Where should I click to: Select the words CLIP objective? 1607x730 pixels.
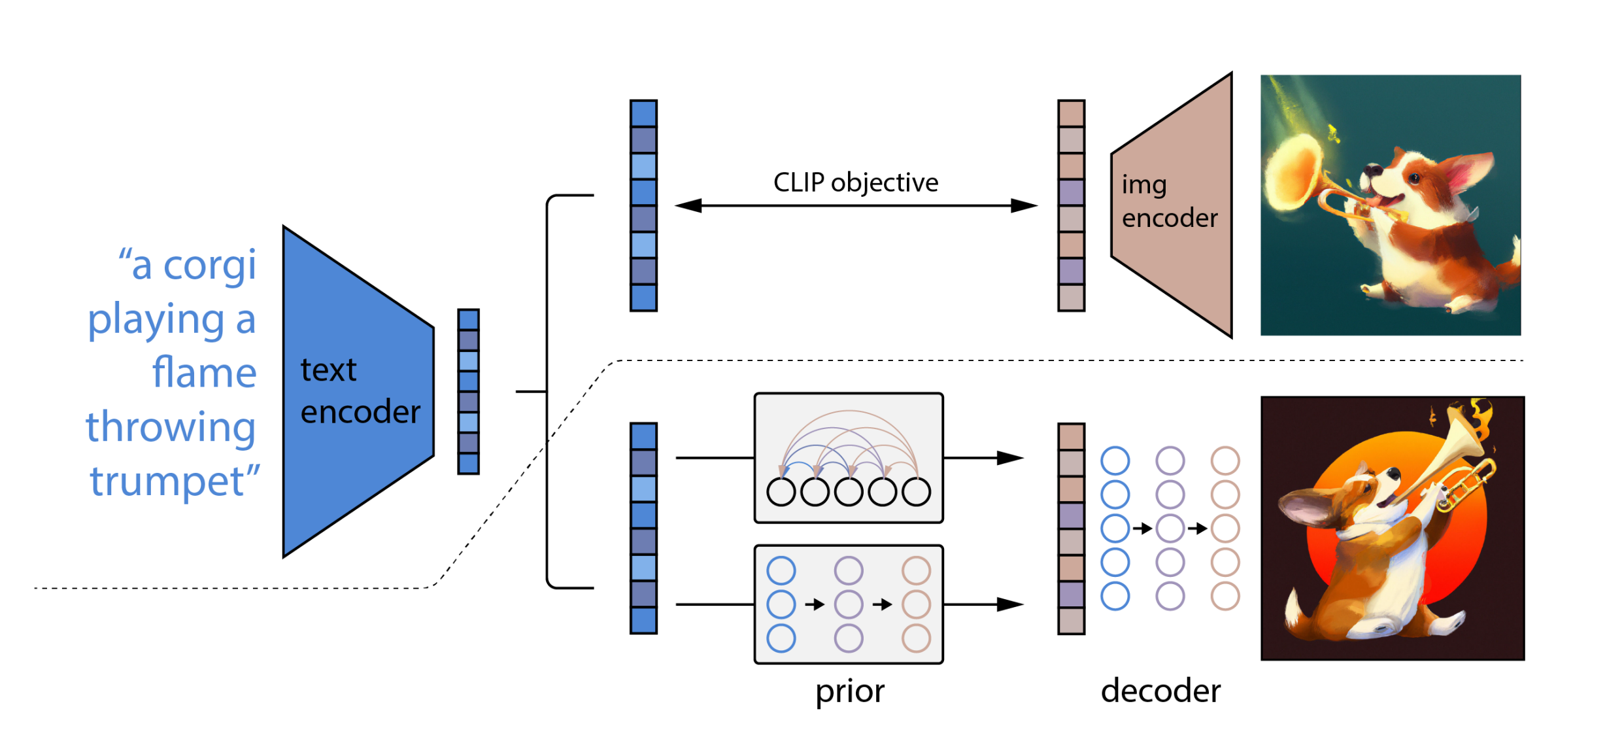click(x=855, y=182)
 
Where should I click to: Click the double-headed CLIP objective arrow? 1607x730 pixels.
click(x=855, y=206)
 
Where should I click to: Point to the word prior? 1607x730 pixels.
click(x=849, y=692)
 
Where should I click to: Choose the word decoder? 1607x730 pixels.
click(x=1160, y=691)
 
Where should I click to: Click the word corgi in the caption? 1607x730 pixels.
click(x=209, y=266)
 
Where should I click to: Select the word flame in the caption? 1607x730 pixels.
click(x=204, y=373)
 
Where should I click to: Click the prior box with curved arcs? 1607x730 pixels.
click(x=848, y=458)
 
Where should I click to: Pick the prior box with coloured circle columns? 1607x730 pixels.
click(x=848, y=604)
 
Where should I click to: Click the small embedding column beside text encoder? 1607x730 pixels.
click(x=468, y=391)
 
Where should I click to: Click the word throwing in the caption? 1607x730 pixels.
click(x=171, y=427)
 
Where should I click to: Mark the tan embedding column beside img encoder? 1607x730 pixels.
click(x=1071, y=205)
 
